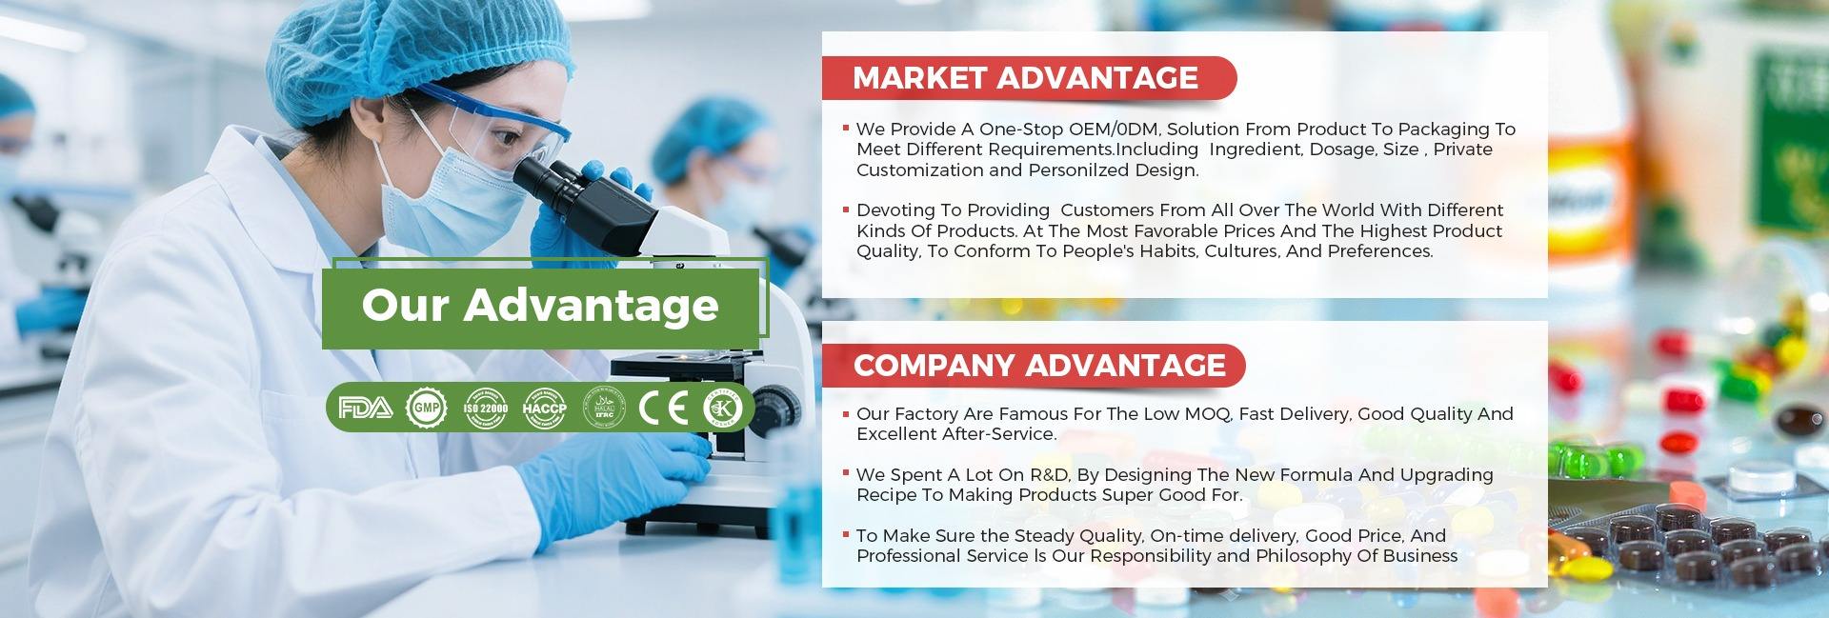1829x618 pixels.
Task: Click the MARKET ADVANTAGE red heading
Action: (1025, 78)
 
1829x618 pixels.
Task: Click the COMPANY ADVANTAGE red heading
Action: (1039, 366)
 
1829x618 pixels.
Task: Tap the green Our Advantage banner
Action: (540, 306)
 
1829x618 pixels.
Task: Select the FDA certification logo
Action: (365, 409)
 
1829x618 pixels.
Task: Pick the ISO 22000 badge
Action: (486, 409)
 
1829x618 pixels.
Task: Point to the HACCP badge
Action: (544, 409)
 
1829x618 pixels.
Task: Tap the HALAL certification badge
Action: (604, 409)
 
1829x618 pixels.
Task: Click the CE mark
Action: (663, 409)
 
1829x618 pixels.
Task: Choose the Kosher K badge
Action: (722, 409)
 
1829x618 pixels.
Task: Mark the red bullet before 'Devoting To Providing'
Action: (845, 208)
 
